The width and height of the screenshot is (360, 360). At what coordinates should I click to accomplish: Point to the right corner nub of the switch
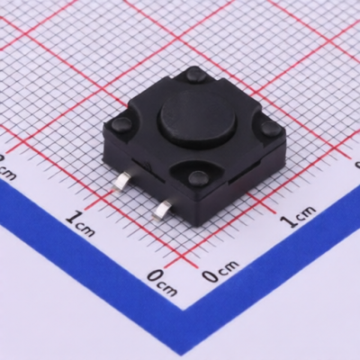[270, 128]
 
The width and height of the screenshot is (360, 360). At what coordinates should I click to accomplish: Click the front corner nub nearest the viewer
[198, 177]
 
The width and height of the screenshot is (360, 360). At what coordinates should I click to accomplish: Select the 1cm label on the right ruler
[298, 215]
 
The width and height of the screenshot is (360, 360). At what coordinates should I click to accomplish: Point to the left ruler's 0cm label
[163, 282]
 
